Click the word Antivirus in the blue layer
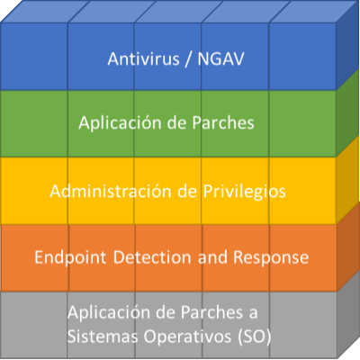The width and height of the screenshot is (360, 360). (143, 58)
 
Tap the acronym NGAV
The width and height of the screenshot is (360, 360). (220, 58)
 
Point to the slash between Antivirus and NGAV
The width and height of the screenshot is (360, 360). (188, 59)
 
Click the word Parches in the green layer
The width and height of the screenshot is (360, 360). (223, 122)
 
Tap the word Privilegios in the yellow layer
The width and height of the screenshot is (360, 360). (245, 192)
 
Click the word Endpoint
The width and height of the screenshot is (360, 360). (70, 257)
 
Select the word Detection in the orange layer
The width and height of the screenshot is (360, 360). (152, 257)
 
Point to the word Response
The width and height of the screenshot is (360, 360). (271, 257)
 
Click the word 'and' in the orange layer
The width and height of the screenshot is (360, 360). (212, 257)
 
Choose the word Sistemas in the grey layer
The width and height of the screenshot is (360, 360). (103, 337)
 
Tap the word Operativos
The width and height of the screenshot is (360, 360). (187, 337)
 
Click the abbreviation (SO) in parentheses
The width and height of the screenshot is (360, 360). (255, 337)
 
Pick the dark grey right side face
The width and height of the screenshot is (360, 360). (348, 315)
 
